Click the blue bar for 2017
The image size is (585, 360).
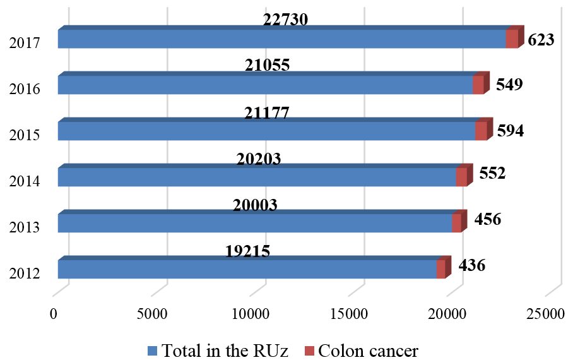281,39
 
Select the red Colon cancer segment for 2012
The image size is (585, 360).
440,270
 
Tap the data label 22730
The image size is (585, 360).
286,20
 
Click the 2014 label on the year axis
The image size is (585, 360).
25,181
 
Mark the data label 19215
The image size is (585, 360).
248,251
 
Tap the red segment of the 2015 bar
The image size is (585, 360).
481,131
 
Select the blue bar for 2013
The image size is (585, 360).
255,224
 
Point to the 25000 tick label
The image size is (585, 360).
547,313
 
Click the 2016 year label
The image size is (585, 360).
25,89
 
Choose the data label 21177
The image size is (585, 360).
267,113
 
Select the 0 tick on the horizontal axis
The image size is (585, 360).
54,313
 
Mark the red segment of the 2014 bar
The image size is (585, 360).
461,177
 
